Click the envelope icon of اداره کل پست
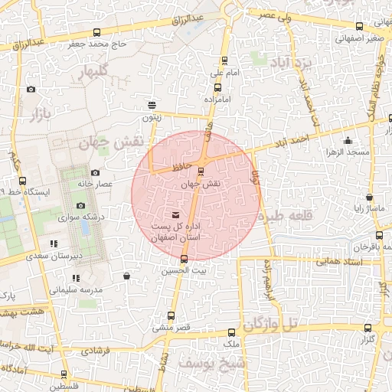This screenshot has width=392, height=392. coord(178,214)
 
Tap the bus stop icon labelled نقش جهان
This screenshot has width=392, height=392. coord(201,171)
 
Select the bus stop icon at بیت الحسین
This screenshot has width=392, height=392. coord(183,258)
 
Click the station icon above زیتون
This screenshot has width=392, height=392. coord(152,105)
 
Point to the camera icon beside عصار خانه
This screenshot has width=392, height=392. coord(95,174)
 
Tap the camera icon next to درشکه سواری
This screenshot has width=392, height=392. coord(80,205)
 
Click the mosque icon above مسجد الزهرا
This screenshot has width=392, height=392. coord(348,140)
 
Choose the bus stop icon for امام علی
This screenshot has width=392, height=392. coord(224,60)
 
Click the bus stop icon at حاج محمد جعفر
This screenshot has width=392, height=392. coord(96,32)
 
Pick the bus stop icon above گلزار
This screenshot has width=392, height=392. coord(367,328)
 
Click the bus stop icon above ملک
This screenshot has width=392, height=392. coord(233,332)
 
